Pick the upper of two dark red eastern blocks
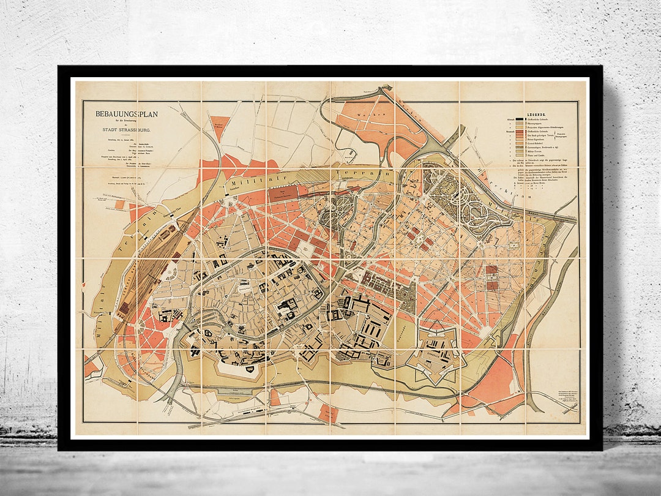point(491,270)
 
